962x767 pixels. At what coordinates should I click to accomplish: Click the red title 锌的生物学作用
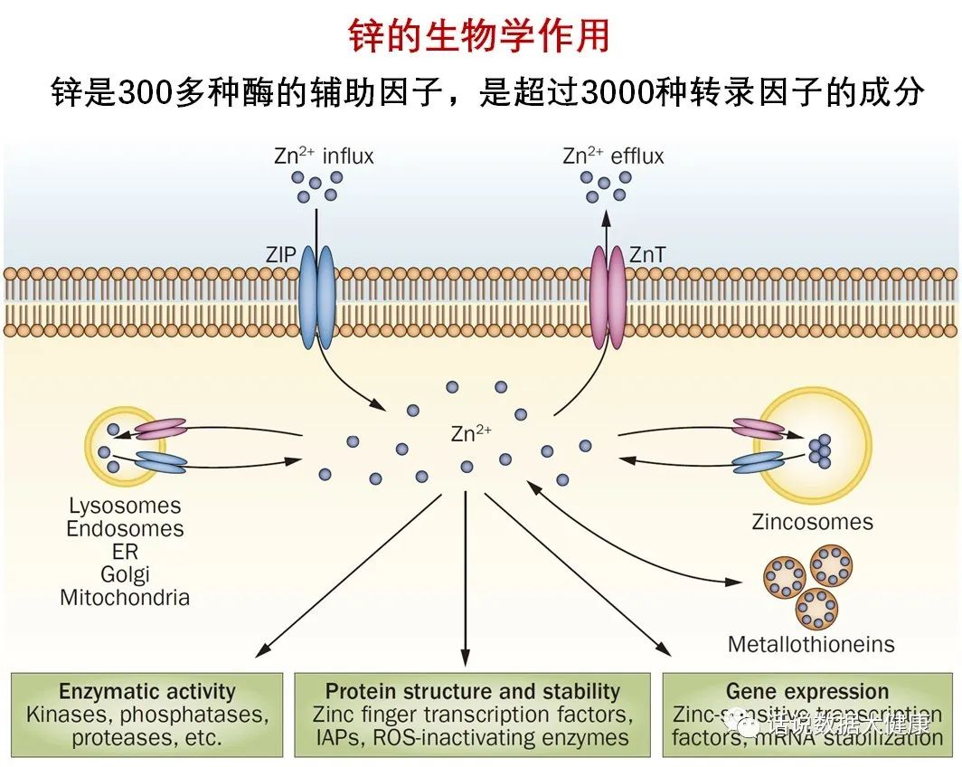[x=480, y=37]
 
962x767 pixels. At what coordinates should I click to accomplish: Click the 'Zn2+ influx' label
[x=324, y=156]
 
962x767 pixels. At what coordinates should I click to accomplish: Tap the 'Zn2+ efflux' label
[x=613, y=156]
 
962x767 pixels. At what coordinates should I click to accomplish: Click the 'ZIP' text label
[x=281, y=256]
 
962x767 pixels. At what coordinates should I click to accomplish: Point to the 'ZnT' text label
[x=646, y=256]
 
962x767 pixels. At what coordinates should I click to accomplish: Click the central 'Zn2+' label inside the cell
[x=470, y=433]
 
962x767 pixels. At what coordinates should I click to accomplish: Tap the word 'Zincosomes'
[x=812, y=522]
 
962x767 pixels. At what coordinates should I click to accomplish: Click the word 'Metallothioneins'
[x=811, y=645]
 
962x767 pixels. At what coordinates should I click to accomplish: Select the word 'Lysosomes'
[x=125, y=506]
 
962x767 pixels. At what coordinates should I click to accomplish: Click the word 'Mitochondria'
[x=125, y=597]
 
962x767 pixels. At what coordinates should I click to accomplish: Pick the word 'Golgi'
[x=125, y=574]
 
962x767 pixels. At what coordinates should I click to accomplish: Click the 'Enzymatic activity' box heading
[x=147, y=692]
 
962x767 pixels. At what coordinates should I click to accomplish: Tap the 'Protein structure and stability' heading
[x=473, y=692]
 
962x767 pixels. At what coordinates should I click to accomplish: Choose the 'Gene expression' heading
[x=807, y=692]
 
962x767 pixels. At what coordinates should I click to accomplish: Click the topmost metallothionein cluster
[x=831, y=564]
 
